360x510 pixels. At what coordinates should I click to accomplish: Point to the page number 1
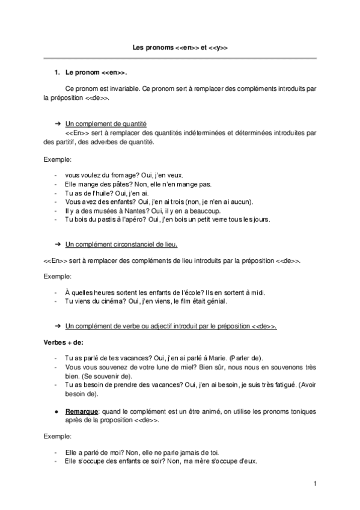pos(314,483)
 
